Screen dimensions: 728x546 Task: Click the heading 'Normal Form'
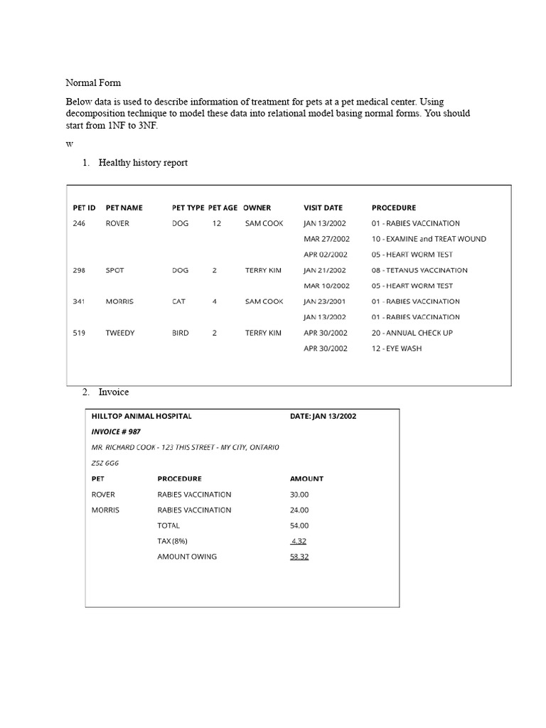coord(93,83)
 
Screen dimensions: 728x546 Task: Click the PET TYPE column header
coord(188,208)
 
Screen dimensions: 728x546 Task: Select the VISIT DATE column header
coord(323,208)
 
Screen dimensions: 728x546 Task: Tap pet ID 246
coord(79,223)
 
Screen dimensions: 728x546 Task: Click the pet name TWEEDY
coord(119,333)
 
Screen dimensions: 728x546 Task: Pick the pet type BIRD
coord(180,333)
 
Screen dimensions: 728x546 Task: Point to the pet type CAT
coord(178,301)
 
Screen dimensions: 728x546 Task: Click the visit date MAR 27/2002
coord(326,239)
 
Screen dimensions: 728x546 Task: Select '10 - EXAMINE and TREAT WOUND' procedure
coord(429,239)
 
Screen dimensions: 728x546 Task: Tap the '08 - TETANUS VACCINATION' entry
coord(419,270)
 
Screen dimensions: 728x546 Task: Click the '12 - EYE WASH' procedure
coord(396,348)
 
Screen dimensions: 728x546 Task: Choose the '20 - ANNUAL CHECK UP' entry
coord(412,333)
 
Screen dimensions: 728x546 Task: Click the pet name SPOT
coord(114,270)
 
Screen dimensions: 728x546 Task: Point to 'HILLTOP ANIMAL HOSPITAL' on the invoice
coord(141,417)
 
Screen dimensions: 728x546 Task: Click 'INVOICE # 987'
coord(116,432)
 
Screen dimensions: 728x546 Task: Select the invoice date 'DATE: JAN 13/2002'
coord(323,417)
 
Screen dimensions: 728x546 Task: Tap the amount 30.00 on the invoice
coord(299,494)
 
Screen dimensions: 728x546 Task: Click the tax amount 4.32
coord(299,541)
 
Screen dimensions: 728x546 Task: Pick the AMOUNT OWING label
coord(187,557)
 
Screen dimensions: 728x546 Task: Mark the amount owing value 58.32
coord(299,557)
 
